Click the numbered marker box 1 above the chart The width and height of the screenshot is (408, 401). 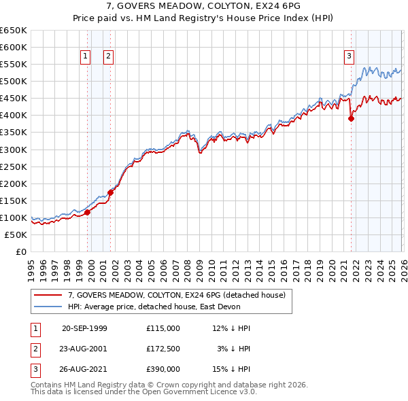tap(86, 57)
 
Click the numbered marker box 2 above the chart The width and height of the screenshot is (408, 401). tap(108, 57)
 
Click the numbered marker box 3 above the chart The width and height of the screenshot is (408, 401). tap(349, 57)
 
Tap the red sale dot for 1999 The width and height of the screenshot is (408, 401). tap(88, 212)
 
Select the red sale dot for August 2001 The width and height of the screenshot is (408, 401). tap(110, 192)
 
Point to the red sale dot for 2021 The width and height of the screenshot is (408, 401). tap(352, 118)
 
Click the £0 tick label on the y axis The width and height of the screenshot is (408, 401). tap(21, 251)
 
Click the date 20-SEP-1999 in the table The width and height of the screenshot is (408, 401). tap(84, 328)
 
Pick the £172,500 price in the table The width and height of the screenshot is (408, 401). tap(163, 348)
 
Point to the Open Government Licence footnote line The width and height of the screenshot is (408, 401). tap(144, 391)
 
